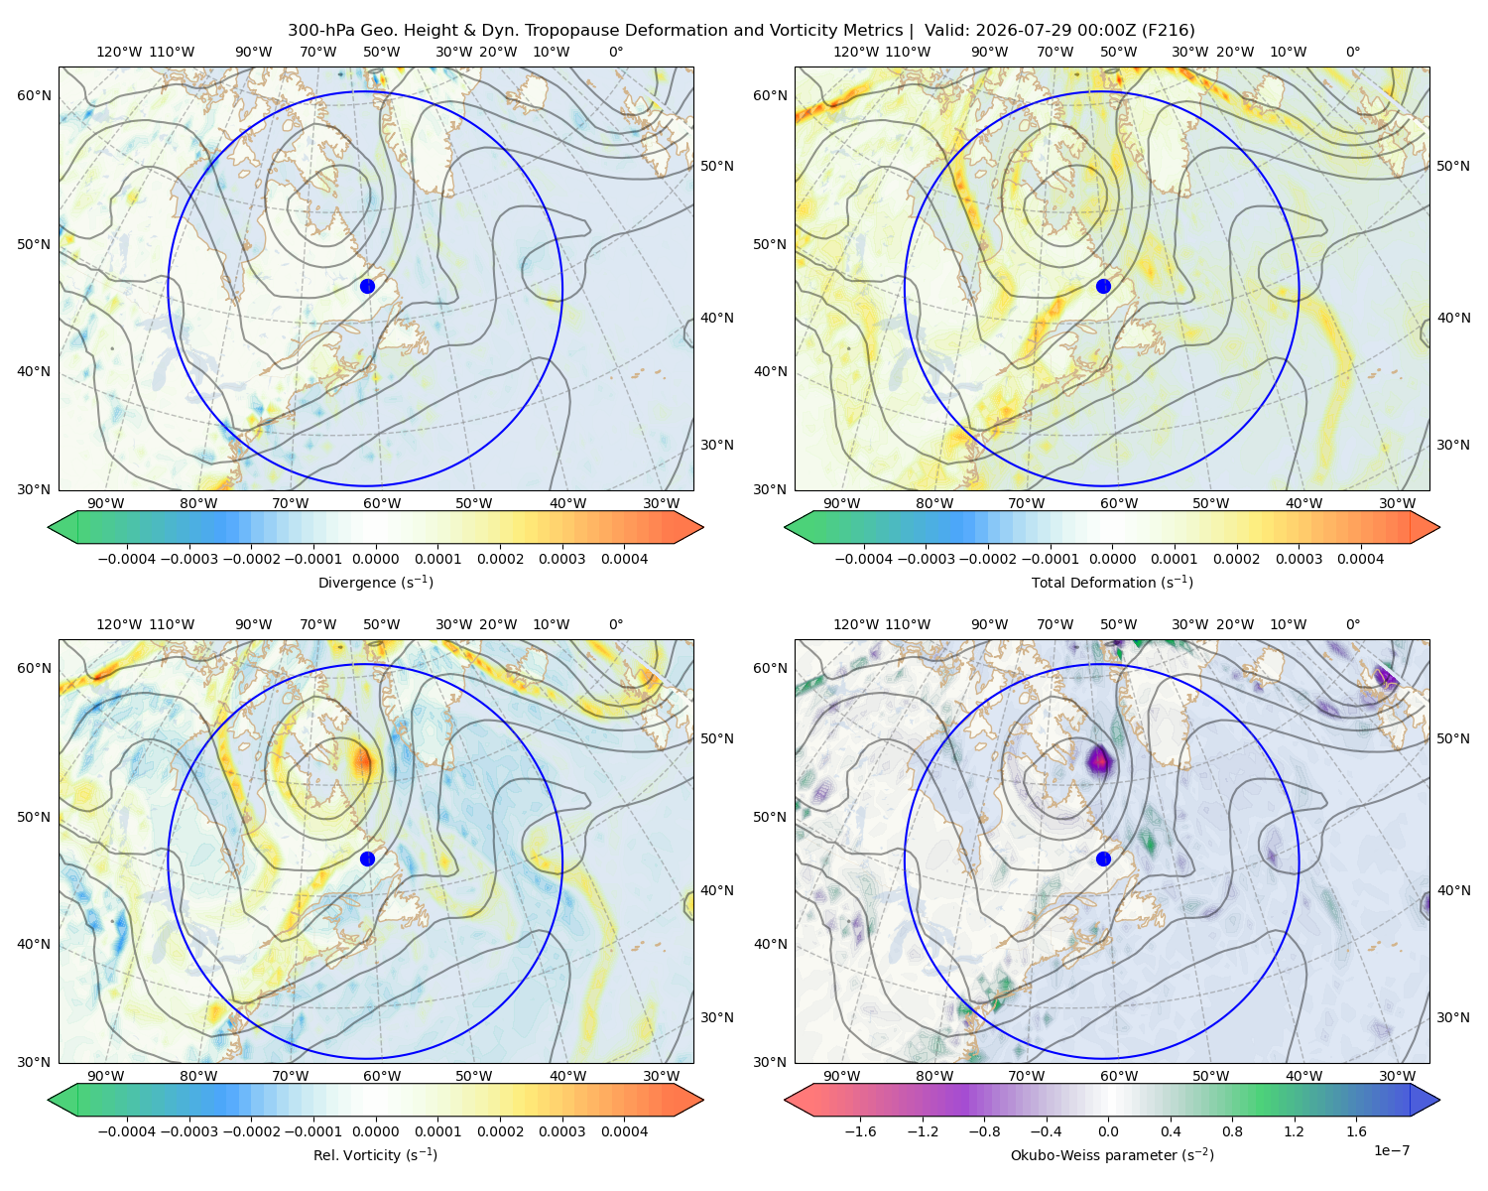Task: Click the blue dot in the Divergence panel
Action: (367, 286)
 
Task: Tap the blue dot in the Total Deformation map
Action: (1103, 286)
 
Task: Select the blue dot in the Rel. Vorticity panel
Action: (367, 859)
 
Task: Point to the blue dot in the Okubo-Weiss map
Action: (1103, 859)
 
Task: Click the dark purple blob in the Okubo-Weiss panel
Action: (1099, 760)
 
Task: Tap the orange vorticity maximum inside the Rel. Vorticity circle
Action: (363, 761)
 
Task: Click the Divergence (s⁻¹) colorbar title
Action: (375, 583)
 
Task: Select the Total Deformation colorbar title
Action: (1112, 583)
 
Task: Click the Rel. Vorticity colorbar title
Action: (375, 1155)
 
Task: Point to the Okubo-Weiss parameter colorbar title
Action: (1112, 1155)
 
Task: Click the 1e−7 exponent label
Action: (1391, 1150)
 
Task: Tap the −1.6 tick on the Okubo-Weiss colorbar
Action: (860, 1130)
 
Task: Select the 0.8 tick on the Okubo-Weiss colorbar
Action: (1232, 1130)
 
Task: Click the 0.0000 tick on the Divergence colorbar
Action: (375, 559)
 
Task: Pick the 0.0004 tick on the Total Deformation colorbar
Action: (1361, 559)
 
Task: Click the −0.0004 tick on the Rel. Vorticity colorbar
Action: (127, 1130)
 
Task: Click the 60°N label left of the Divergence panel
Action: (34, 95)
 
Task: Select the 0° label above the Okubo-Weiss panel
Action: (1352, 624)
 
